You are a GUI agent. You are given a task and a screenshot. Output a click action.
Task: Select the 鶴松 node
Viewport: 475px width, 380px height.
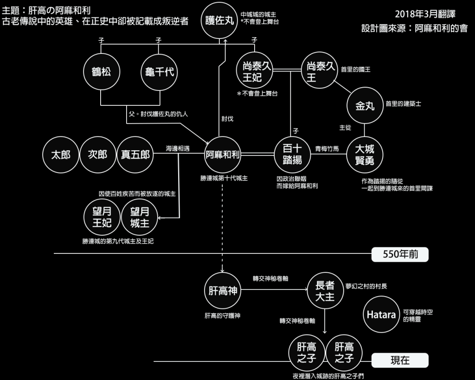click(101, 72)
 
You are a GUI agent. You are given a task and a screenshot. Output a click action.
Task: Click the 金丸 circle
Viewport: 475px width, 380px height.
click(365, 106)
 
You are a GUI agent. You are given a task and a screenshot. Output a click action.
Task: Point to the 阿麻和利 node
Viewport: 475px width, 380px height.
click(222, 155)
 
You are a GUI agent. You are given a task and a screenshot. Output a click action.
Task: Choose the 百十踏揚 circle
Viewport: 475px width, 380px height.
click(292, 155)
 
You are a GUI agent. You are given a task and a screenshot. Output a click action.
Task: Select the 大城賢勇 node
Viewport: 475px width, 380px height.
click(365, 155)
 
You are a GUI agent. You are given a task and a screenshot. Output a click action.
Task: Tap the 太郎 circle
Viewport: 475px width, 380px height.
click(60, 155)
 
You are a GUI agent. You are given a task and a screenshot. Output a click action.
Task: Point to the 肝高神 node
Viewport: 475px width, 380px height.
click(222, 291)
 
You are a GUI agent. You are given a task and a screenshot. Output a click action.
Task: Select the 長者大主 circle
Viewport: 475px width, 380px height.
click(325, 291)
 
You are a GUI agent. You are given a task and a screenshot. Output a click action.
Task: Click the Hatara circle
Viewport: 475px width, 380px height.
click(381, 315)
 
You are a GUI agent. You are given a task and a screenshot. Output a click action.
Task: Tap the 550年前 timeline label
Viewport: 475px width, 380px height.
click(399, 254)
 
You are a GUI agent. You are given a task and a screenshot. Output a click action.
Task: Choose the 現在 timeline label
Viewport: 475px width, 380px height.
click(399, 360)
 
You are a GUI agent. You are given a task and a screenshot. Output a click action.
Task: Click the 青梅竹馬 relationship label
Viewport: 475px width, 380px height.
click(327, 149)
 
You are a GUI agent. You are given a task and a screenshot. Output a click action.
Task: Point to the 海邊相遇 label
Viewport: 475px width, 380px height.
click(178, 149)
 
